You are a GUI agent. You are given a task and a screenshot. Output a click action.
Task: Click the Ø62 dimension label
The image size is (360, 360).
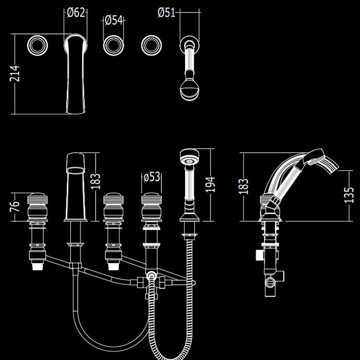pos(76,13)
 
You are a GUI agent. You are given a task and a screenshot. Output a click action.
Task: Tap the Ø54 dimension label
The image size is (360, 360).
pos(113,21)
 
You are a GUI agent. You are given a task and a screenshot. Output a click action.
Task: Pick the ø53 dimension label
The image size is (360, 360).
pos(152,177)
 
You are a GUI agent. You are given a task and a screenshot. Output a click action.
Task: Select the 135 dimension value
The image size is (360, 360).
pos(349,197)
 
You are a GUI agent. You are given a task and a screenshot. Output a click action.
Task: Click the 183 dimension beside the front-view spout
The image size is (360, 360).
pos(96,181)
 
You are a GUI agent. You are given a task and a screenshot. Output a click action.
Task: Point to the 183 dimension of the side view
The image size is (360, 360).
pos(244,186)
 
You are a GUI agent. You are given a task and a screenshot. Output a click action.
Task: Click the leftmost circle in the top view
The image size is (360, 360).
pos(38,45)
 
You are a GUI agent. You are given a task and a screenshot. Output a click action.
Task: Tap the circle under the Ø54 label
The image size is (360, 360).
pos(113,45)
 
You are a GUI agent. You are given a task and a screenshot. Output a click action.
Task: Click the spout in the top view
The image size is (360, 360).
pos(75,72)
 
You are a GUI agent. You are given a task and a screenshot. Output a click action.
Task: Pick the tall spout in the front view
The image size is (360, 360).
pos(75,185)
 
